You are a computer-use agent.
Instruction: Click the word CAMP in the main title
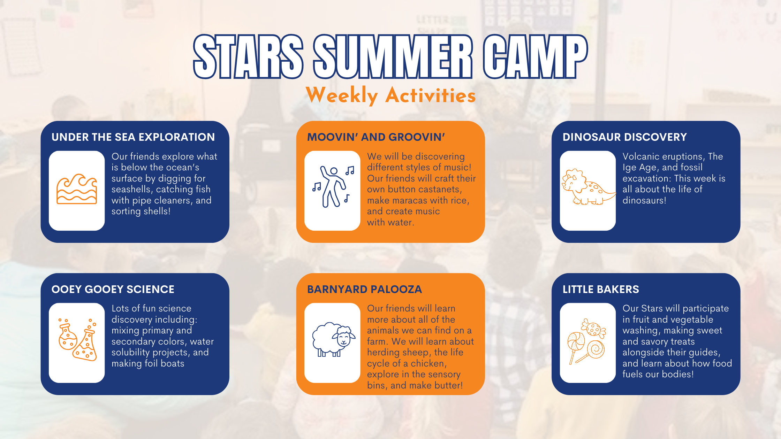[535, 56]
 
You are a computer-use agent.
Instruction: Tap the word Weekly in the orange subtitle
[342, 95]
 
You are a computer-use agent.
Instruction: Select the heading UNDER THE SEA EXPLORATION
[133, 137]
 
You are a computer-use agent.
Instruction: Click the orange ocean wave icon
[77, 189]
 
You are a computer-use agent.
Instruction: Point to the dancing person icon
[333, 187]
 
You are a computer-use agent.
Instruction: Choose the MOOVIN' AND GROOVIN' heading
[376, 137]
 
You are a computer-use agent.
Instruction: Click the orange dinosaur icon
[589, 187]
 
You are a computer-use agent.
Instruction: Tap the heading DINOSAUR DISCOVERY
[624, 137]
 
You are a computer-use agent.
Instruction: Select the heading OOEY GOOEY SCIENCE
[113, 289]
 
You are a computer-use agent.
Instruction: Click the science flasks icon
[77, 339]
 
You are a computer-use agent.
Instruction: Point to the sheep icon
[334, 339]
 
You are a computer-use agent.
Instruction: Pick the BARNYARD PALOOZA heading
[364, 289]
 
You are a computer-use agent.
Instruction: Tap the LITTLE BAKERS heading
[601, 289]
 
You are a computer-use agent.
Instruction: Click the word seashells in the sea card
[131, 189]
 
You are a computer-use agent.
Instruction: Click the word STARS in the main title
[248, 56]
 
